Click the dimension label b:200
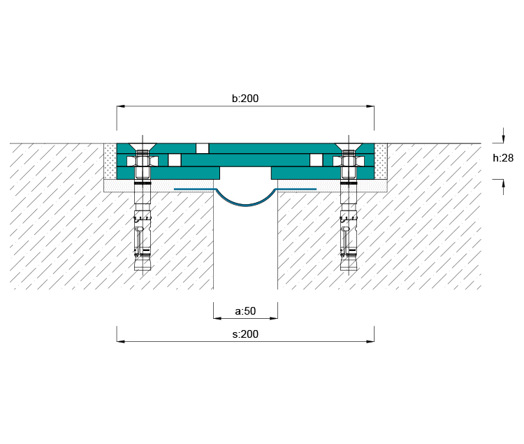click(245, 99)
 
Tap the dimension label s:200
click(245, 334)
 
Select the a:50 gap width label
click(245, 311)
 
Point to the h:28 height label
click(503, 158)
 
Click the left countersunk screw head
click(143, 147)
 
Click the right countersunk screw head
click(349, 147)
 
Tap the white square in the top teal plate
click(202, 148)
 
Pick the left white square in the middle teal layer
click(175, 160)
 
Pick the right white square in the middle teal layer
click(316, 160)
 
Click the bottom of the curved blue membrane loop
click(246, 205)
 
